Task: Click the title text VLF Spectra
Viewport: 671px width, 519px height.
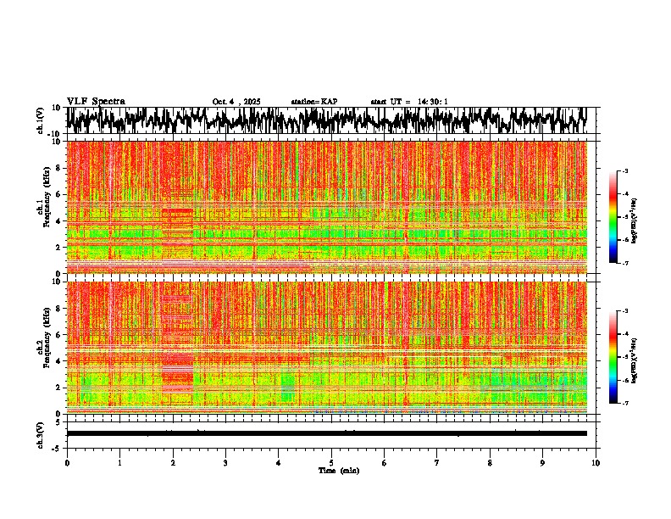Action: (96, 101)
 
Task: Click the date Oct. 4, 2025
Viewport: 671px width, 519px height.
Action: (236, 102)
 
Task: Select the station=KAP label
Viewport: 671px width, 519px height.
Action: (314, 102)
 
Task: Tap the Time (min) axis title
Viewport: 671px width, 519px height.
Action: (338, 470)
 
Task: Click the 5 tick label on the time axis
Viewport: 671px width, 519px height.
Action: (331, 462)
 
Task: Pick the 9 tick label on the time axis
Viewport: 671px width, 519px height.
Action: (543, 462)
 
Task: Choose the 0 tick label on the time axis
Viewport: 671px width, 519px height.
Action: (67, 462)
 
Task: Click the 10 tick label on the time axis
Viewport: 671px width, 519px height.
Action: (596, 462)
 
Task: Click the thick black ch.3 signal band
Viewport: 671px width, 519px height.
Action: (326, 433)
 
